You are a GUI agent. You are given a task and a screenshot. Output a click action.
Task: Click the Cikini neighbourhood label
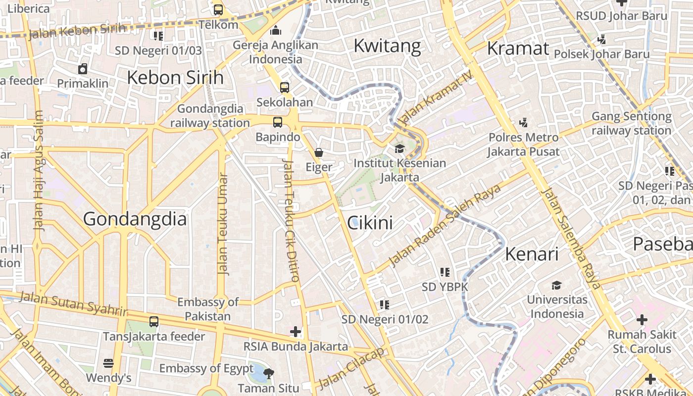370,223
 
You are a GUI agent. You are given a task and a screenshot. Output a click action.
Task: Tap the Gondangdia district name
135,219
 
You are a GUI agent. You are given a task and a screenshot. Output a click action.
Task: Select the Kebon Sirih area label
175,78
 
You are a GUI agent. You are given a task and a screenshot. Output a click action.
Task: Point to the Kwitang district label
387,46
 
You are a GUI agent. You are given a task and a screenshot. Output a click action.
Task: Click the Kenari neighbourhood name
532,254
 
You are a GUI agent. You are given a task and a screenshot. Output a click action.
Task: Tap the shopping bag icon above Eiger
319,152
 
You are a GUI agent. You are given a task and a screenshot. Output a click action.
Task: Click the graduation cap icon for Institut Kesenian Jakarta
399,148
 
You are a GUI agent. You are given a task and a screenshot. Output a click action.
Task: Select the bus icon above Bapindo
278,122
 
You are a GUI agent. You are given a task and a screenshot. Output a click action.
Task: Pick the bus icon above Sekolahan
285,88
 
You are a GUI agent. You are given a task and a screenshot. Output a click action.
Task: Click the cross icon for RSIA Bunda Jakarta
296,331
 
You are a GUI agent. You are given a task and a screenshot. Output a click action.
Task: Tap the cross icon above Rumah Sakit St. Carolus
642,320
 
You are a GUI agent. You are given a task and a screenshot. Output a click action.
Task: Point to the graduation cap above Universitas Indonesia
557,285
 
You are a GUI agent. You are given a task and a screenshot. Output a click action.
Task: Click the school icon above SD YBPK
445,272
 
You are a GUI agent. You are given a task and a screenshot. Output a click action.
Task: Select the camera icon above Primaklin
83,69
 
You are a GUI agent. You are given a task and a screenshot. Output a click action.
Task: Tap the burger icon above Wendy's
108,363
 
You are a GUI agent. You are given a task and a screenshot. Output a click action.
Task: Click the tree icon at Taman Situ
269,373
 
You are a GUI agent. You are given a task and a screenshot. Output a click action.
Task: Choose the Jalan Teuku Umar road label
223,224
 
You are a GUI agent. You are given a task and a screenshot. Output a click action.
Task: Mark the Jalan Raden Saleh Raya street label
445,225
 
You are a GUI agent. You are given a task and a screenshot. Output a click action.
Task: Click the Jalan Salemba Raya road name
571,239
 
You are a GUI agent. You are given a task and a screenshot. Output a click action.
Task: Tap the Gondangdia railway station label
210,116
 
